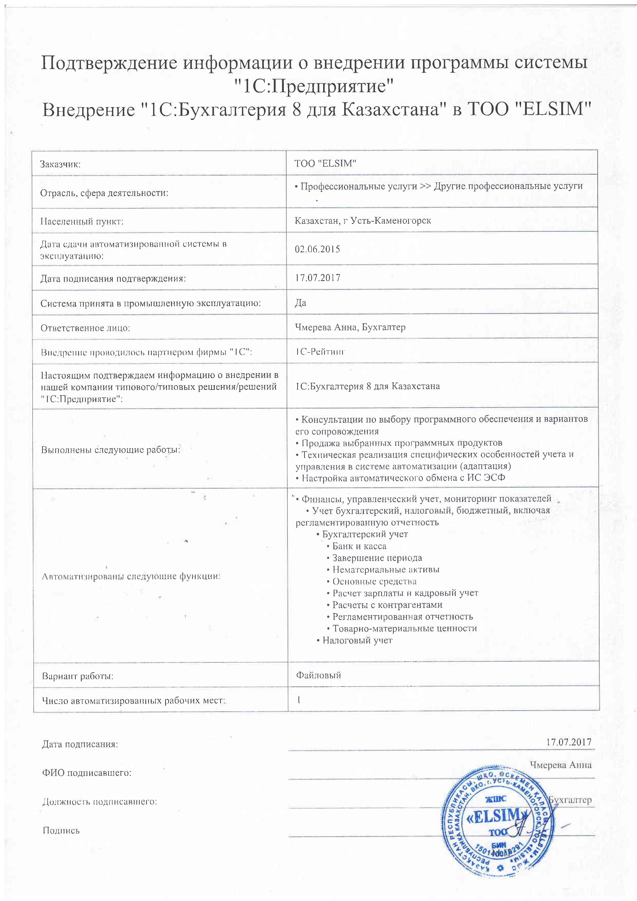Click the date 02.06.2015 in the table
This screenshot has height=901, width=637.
point(317,249)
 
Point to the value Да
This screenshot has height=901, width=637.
point(301,303)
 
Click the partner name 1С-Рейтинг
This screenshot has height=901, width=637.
point(320,352)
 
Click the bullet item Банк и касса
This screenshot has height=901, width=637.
point(359,546)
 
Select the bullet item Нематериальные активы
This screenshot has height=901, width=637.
point(386,570)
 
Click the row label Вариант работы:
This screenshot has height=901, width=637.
point(77,677)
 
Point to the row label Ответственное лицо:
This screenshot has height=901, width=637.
point(85,328)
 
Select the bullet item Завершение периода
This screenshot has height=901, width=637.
point(377,558)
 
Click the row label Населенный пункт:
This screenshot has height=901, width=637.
point(82,222)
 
